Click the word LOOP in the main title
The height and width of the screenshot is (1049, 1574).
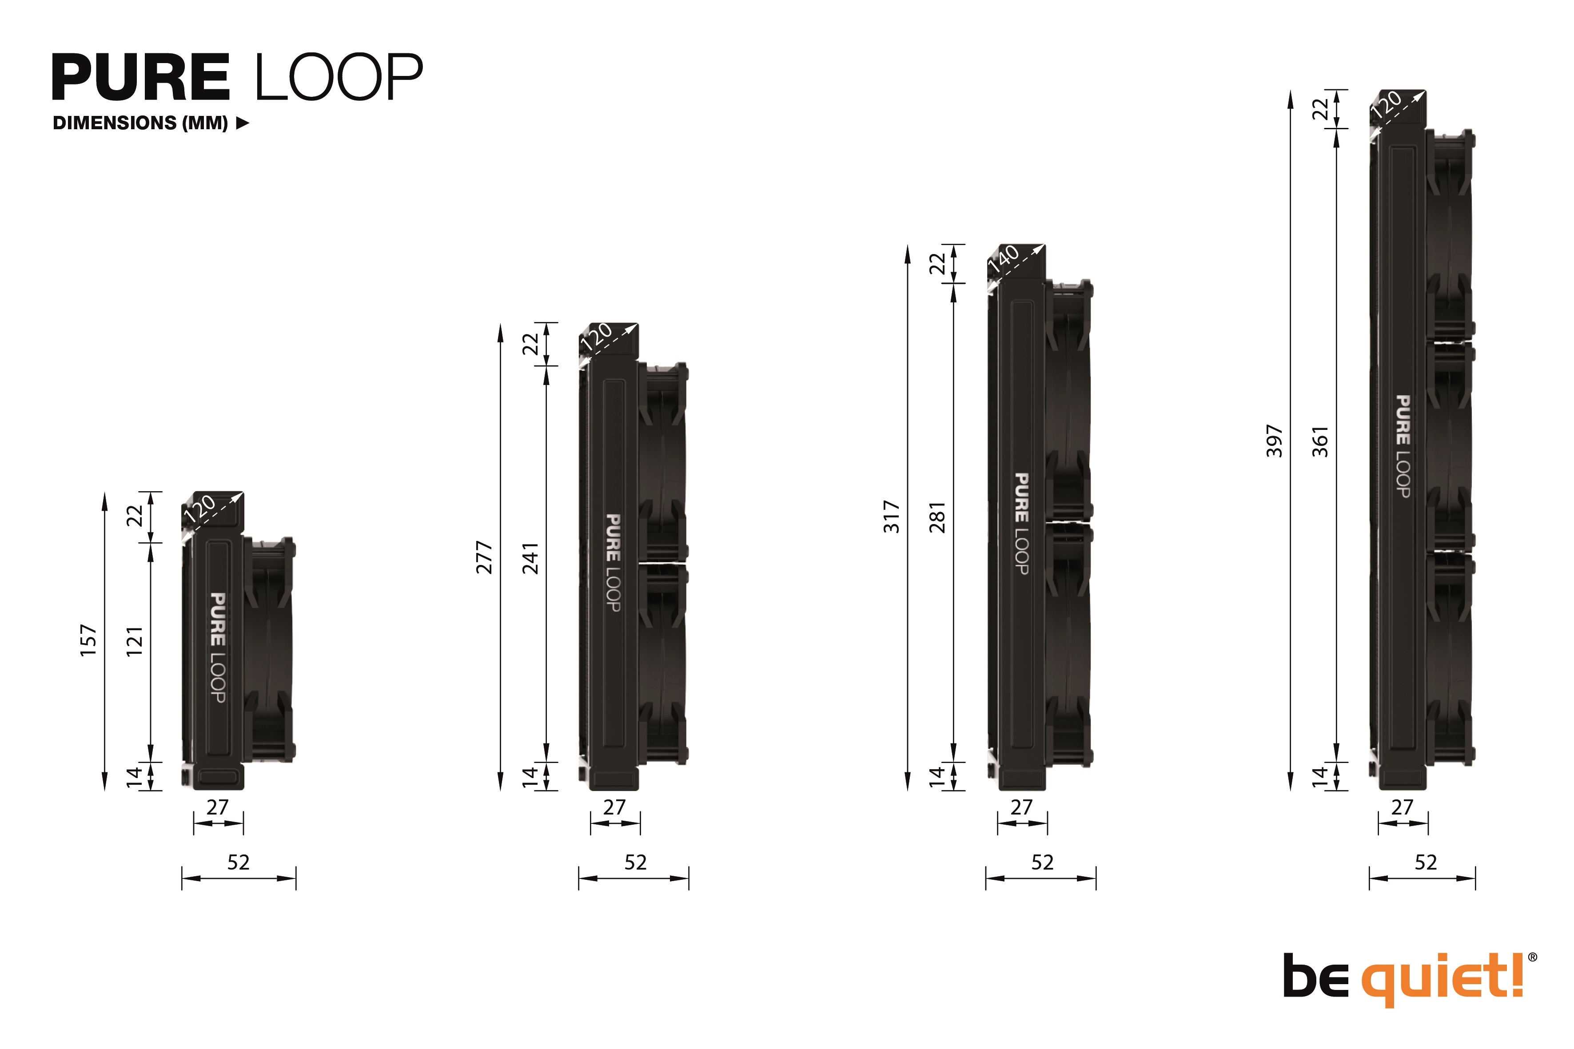(338, 78)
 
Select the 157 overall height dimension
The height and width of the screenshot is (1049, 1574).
(89, 640)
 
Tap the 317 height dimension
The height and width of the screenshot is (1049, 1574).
(892, 517)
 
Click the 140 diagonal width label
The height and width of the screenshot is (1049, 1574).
(1004, 258)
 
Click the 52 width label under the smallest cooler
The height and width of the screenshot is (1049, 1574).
(238, 862)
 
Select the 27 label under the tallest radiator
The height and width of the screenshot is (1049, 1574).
(1402, 807)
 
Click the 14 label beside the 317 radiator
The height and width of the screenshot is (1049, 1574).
(937, 776)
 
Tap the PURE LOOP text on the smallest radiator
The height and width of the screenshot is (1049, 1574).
(218, 647)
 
